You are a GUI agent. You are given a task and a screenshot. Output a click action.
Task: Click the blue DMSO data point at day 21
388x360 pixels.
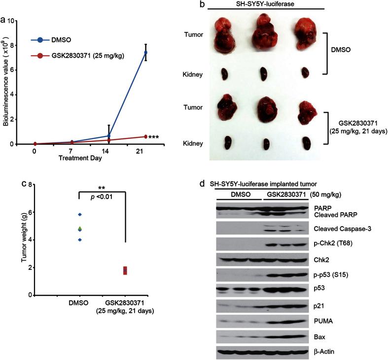146,52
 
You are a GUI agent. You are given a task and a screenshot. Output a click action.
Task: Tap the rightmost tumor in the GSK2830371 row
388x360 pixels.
306,108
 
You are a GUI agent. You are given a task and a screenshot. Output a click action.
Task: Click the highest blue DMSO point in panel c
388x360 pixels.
79,214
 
